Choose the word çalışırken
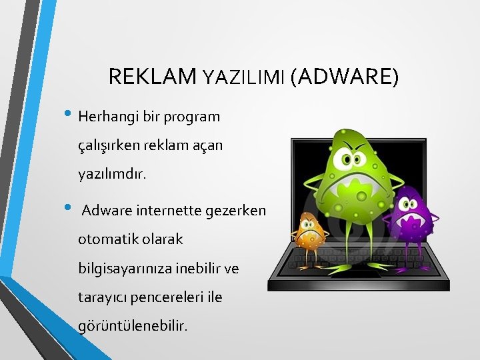tap(109, 146)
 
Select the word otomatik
tap(107, 238)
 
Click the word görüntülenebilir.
tap(133, 326)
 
